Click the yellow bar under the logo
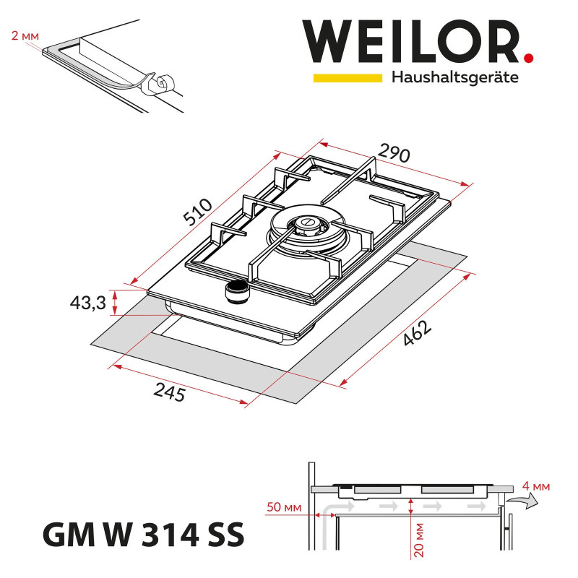coord(347,77)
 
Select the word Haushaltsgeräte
coord(454,78)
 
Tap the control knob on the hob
coord(235,292)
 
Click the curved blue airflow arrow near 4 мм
coord(523,501)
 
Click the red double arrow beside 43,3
coord(113,303)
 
